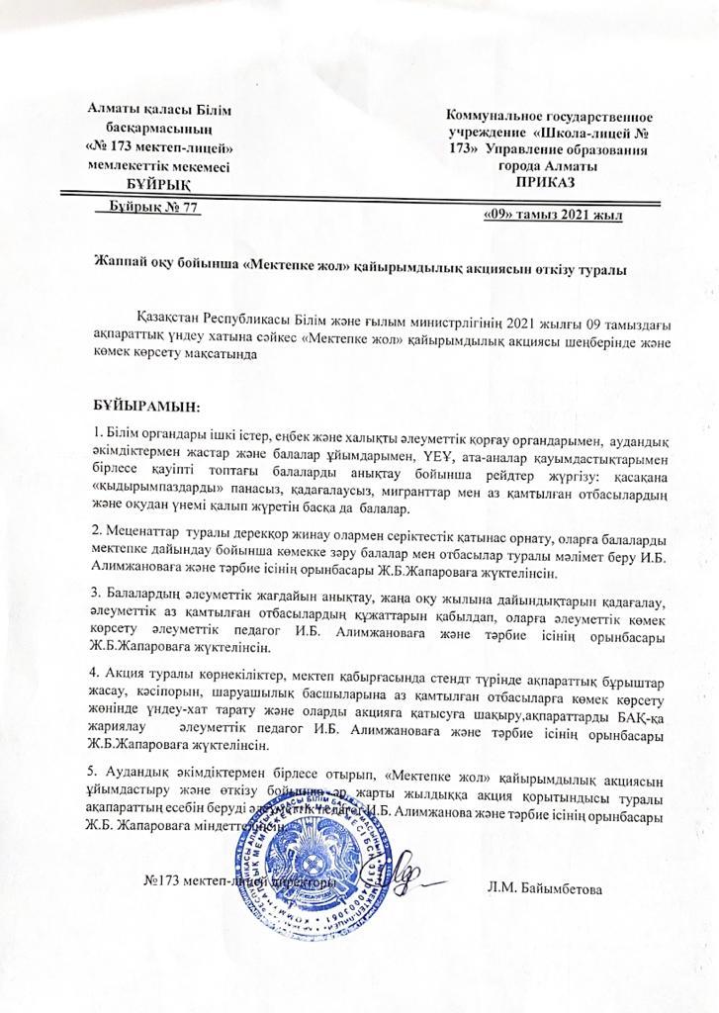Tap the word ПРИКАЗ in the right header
coord(543,183)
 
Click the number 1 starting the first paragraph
coord(96,433)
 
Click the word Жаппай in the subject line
coord(118,266)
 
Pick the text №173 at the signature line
coord(161,880)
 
